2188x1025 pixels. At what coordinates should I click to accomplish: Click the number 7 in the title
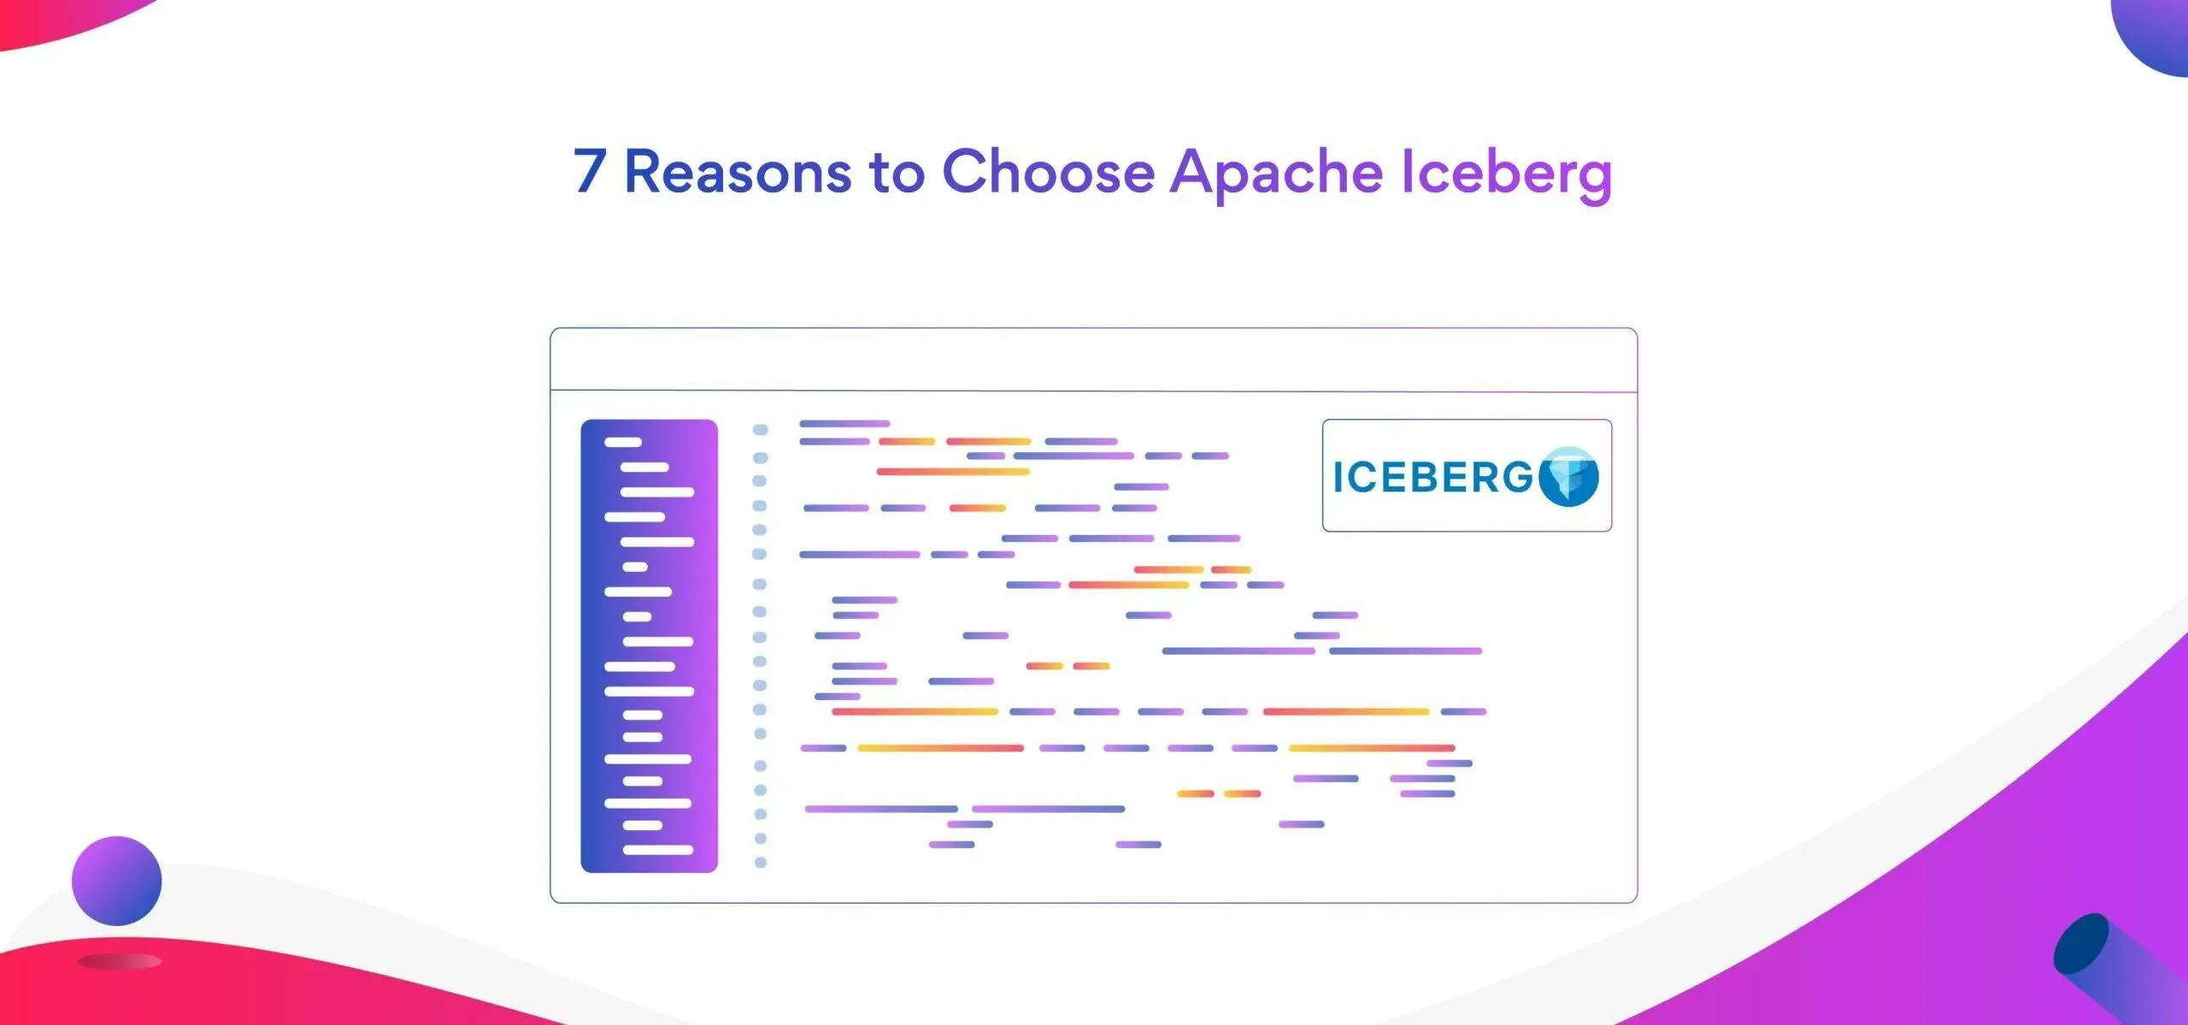click(x=590, y=171)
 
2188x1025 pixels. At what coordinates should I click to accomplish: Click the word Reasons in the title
click(x=738, y=172)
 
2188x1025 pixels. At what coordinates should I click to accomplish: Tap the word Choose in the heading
click(x=1048, y=172)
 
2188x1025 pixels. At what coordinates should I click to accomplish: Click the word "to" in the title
click(x=897, y=173)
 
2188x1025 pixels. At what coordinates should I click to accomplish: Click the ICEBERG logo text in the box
click(x=1433, y=477)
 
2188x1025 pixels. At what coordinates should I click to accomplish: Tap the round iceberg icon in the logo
click(x=1568, y=476)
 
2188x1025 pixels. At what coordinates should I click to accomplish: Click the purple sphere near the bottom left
click(x=117, y=881)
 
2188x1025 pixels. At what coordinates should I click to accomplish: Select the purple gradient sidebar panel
click(x=650, y=645)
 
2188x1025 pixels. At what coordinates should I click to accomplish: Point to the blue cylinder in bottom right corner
click(x=2111, y=966)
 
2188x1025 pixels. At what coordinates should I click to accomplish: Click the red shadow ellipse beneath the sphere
click(x=120, y=962)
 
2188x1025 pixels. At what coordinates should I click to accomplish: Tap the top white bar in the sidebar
click(x=622, y=442)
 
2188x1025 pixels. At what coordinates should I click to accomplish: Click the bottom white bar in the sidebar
click(x=657, y=850)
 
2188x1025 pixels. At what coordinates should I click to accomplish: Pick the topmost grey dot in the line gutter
click(x=760, y=429)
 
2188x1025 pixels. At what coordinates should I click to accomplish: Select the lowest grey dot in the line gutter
click(x=760, y=863)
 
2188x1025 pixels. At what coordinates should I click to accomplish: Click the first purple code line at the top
click(x=844, y=423)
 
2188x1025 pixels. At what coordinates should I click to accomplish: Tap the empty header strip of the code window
click(x=1094, y=360)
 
